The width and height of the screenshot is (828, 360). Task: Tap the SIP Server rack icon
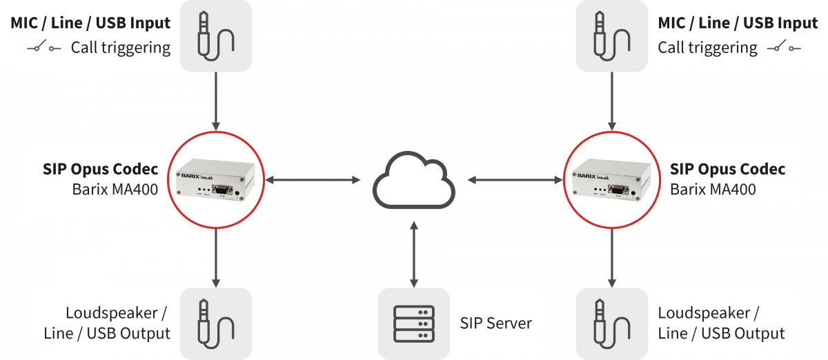pyautogui.click(x=414, y=322)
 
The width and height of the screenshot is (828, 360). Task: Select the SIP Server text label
pyautogui.click(x=496, y=323)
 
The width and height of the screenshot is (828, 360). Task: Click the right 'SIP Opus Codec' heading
pyautogui.click(x=727, y=169)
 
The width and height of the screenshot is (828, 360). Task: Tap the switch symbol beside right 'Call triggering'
pyautogui.click(x=785, y=48)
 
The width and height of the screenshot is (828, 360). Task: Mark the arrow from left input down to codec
pyautogui.click(x=216, y=101)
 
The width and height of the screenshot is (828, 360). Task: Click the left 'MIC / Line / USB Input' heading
pyautogui.click(x=90, y=23)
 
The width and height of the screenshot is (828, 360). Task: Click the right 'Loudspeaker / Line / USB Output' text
pyautogui.click(x=720, y=323)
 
